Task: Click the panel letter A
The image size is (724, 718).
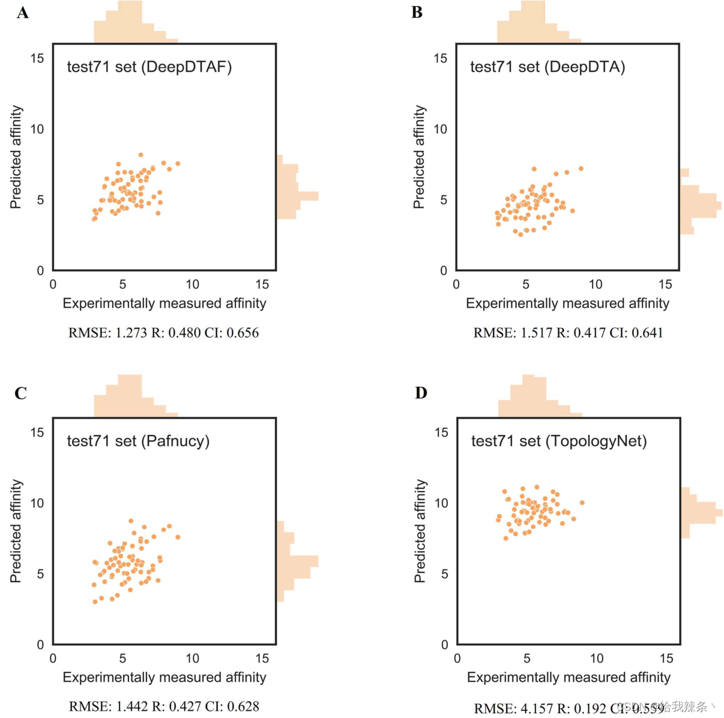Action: (23, 13)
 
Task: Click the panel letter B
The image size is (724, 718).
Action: (417, 12)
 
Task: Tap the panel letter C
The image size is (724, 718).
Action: (20, 393)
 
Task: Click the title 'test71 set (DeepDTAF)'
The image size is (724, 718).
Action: (149, 67)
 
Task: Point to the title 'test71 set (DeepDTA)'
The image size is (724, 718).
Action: (547, 67)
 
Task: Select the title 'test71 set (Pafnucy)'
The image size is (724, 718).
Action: (138, 441)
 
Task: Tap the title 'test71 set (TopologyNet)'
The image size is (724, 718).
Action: (558, 441)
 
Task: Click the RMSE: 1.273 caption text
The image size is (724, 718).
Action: (107, 333)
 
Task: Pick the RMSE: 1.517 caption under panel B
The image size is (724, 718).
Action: (513, 333)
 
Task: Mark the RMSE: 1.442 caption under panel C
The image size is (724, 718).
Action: (108, 707)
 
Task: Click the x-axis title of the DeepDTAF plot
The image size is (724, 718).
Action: (164, 303)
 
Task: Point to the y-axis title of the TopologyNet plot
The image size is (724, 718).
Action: (420, 531)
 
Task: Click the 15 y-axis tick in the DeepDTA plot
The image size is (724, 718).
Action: (441, 58)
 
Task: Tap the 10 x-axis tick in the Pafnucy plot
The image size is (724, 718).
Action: (192, 659)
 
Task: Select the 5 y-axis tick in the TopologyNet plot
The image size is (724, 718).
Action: (444, 574)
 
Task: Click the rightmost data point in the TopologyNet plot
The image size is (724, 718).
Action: (582, 503)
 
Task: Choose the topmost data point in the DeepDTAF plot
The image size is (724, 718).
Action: (141, 155)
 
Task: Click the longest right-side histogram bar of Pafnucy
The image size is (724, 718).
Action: (298, 561)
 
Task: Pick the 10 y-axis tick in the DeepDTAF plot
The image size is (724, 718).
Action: (37, 129)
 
